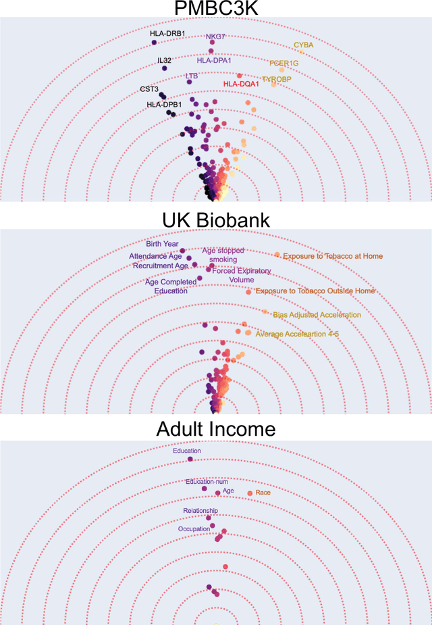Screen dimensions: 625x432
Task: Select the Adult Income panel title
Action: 216,429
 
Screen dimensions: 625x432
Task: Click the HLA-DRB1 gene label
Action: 167,33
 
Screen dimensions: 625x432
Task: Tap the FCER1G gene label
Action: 284,64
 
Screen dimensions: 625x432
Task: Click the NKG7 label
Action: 216,35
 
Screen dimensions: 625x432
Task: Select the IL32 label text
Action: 165,60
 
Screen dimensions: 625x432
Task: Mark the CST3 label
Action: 149,89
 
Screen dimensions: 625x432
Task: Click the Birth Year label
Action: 162,244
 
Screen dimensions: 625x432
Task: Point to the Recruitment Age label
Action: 160,266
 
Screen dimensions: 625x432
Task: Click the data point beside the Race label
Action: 250,493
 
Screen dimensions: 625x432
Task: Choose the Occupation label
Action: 194,529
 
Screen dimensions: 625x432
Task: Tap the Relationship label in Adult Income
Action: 200,511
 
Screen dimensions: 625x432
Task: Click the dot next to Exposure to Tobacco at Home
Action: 277,255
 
